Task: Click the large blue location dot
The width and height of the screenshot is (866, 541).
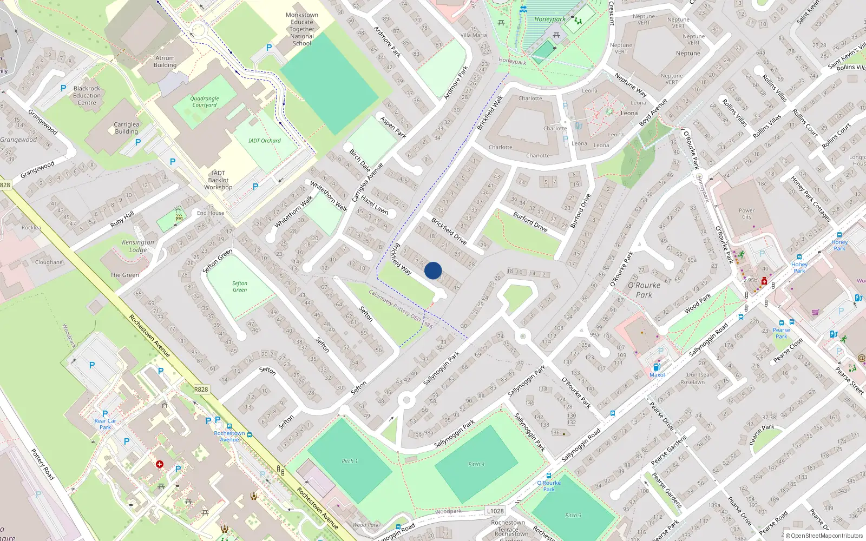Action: pos(433,270)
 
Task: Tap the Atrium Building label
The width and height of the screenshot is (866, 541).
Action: pos(165,62)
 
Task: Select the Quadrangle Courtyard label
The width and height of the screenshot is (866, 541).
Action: pos(205,102)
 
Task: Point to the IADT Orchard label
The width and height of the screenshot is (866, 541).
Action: pos(265,141)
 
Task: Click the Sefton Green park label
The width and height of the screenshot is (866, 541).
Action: pos(240,287)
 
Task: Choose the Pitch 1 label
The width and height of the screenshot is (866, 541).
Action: pos(350,461)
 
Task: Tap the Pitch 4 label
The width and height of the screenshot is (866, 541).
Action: pos(476,464)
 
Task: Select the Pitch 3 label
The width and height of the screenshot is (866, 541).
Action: pos(573,515)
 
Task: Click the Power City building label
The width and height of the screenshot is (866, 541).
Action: pos(746,214)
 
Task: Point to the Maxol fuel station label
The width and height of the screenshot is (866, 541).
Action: pos(657,375)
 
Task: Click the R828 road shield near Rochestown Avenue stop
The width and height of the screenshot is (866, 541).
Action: pos(201,390)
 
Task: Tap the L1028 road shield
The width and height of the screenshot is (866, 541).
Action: pos(495,511)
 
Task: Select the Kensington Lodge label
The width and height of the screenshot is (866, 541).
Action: pos(138,246)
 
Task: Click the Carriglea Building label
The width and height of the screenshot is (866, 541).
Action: pos(126,128)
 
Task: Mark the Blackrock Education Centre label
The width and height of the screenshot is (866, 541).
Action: pos(87,95)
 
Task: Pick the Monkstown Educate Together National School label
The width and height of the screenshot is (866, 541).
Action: pos(301,29)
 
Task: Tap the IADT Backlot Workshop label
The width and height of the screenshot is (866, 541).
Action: pos(218,180)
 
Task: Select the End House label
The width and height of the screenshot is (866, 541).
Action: pos(211,213)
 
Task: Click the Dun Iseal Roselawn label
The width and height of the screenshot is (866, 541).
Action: pos(699,378)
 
